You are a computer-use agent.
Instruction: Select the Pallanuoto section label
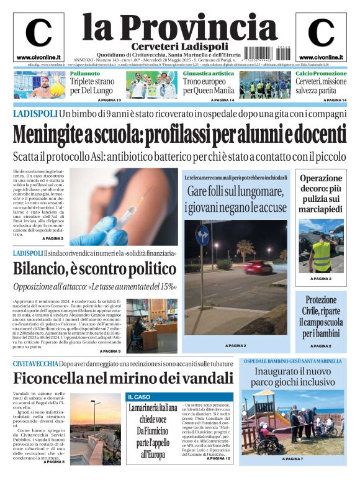(x=84, y=74)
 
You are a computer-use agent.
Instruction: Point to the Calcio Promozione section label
(x=321, y=74)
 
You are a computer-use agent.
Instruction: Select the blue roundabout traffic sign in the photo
(x=202, y=235)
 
